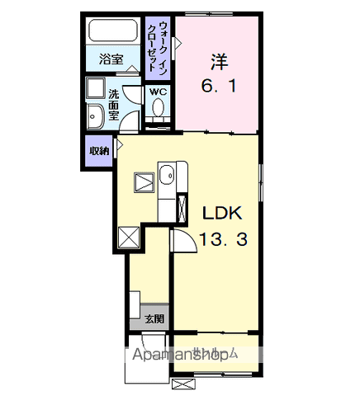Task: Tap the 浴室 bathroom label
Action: [111, 59]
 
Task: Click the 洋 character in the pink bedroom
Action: [218, 61]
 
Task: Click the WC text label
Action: [157, 92]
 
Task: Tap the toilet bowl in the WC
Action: [157, 110]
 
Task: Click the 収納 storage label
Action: [99, 151]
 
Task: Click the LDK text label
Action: [221, 213]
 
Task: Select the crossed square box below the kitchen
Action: [130, 237]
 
